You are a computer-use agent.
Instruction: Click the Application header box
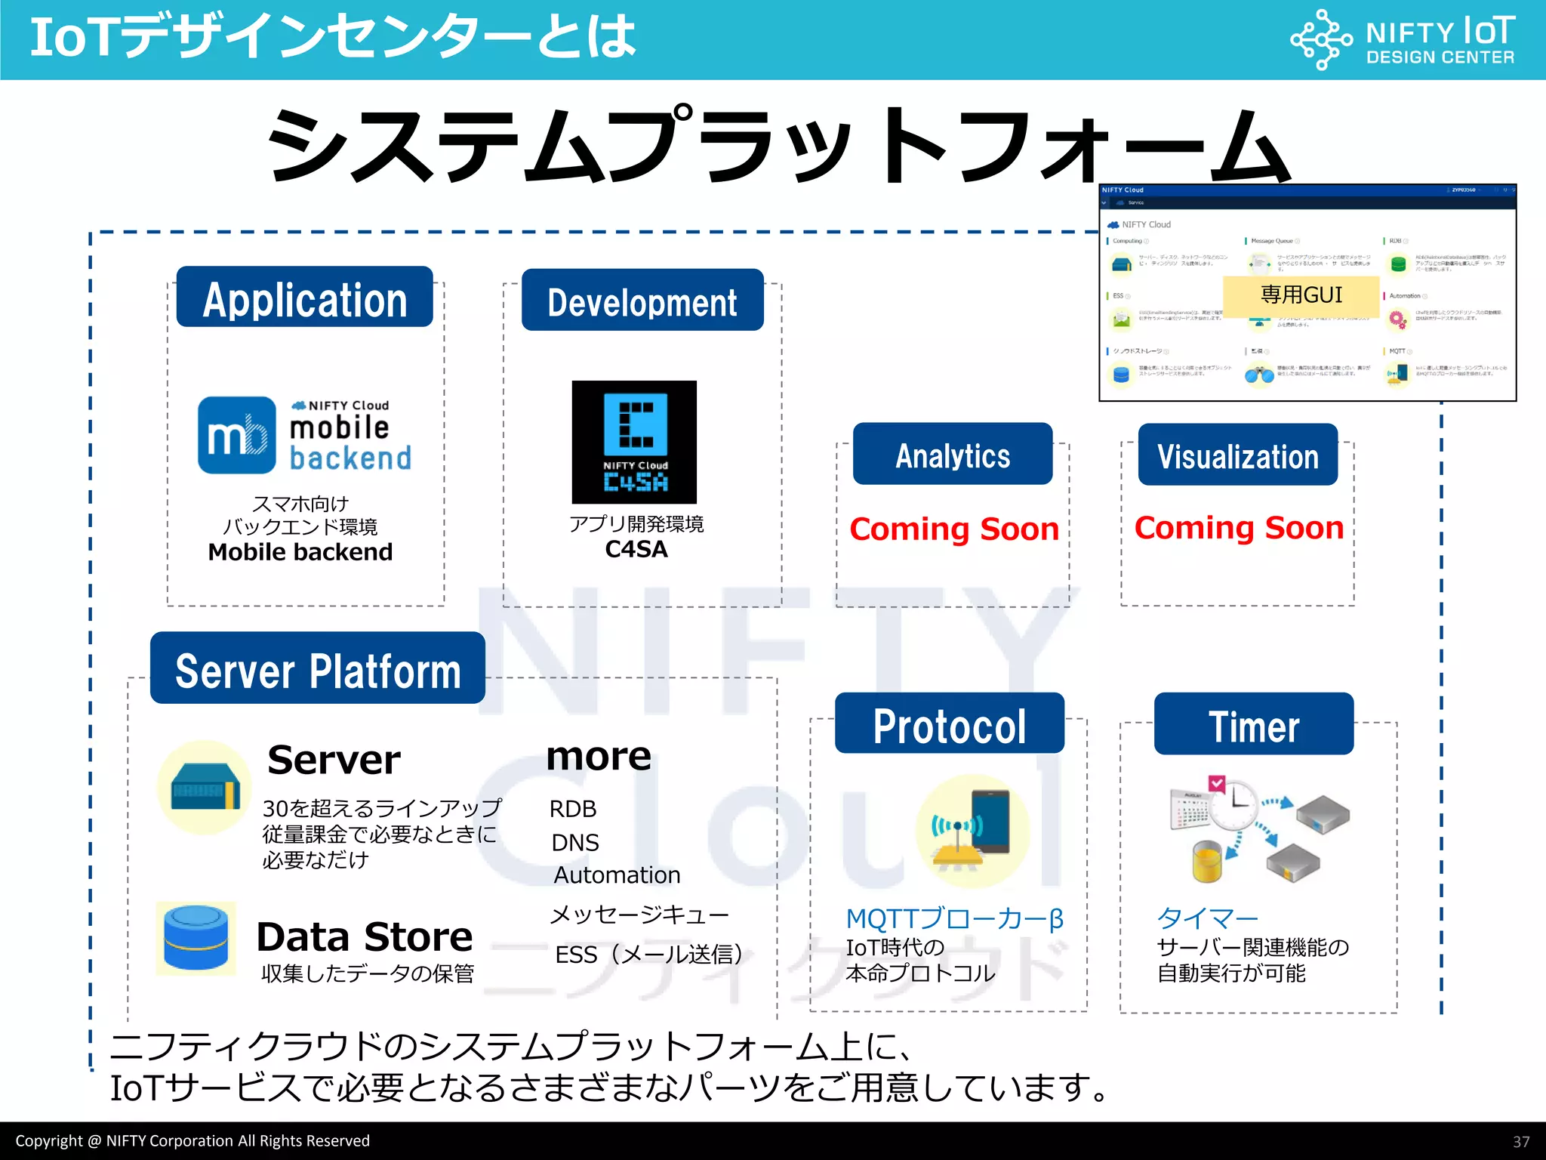(304, 298)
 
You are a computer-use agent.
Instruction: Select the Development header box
(642, 301)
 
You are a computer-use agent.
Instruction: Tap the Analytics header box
(953, 455)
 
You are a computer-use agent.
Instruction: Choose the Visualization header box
(1238, 455)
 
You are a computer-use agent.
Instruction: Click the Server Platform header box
(317, 669)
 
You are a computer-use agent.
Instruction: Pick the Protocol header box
(950, 724)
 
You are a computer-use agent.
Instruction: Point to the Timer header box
(1254, 725)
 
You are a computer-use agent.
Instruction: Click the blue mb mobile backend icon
(237, 436)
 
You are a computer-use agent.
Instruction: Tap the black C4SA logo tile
(634, 443)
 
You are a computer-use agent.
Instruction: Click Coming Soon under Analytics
(954, 529)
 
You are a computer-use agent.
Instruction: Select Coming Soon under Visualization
(1239, 528)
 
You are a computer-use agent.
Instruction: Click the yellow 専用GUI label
(1301, 295)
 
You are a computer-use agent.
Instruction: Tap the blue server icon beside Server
(205, 788)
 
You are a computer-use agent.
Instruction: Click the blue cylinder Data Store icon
(196, 937)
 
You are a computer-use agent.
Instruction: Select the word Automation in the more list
(617, 875)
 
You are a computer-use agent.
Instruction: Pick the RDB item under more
(573, 809)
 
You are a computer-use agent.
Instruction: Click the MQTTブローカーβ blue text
(955, 919)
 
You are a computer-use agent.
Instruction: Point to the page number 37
(1521, 1142)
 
